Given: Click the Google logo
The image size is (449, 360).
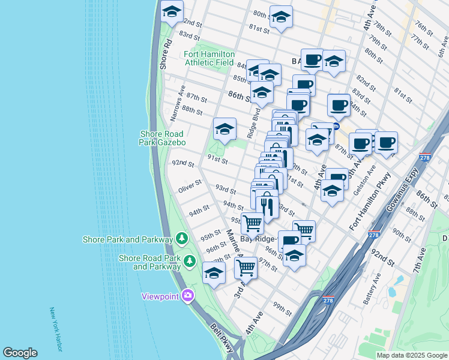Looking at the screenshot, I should click(x=20, y=353).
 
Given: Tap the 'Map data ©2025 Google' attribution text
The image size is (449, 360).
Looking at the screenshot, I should click(x=411, y=355).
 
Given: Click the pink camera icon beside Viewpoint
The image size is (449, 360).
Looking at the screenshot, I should click(x=188, y=295).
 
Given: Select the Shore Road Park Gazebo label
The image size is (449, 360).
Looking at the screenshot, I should click(x=163, y=138).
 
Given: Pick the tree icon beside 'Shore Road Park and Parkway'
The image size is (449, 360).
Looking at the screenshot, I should click(x=190, y=260).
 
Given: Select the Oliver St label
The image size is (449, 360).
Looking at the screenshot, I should click(x=190, y=189).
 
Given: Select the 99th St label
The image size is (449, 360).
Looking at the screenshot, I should click(x=282, y=309).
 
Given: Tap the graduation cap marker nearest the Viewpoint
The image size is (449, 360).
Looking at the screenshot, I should click(x=214, y=273).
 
